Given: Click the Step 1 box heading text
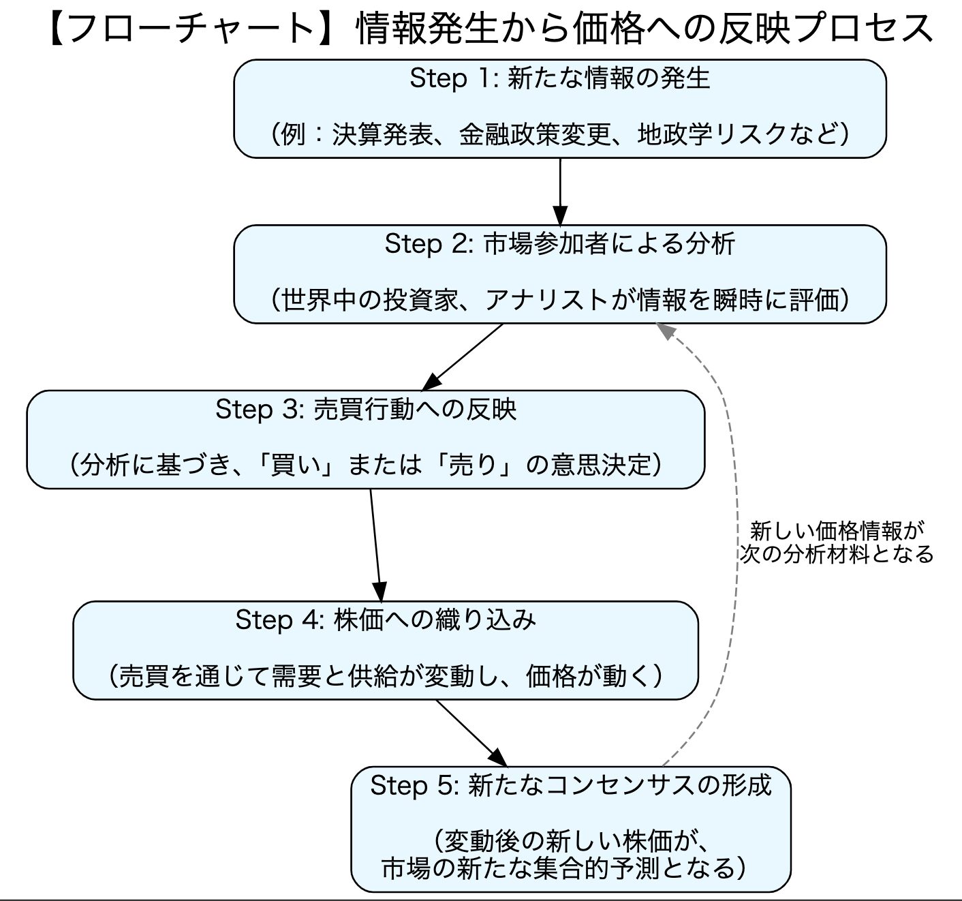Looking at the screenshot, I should [559, 79].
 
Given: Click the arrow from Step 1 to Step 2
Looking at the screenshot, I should [559, 191].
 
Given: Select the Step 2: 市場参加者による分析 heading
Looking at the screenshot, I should [559, 244].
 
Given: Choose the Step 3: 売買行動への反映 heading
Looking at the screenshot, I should [366, 409].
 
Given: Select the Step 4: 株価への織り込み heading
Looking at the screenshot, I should [386, 620].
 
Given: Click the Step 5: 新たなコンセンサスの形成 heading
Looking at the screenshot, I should [570, 785].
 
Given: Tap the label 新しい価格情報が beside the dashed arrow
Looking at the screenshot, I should [837, 530].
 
